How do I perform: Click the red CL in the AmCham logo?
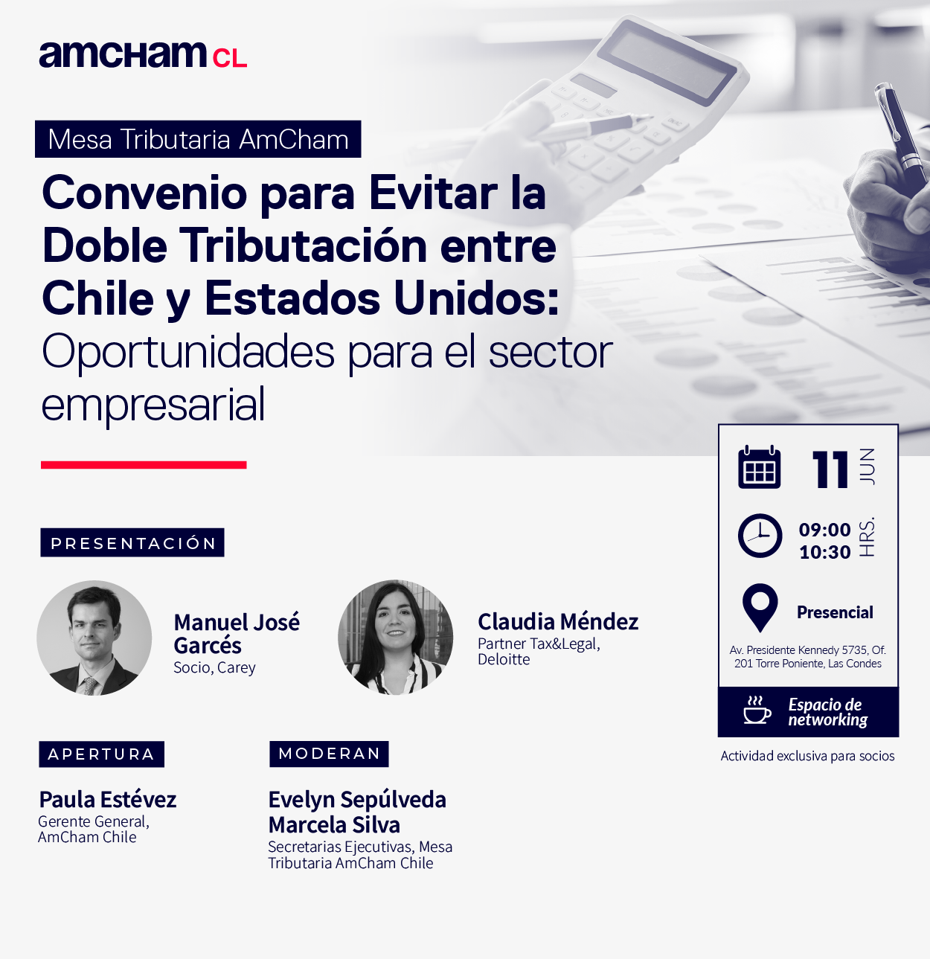[x=230, y=58]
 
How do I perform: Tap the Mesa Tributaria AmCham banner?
[x=198, y=139]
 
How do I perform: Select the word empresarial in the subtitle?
[x=153, y=405]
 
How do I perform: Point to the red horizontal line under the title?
[x=144, y=465]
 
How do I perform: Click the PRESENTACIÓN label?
[x=132, y=542]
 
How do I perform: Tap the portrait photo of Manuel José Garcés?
[x=94, y=638]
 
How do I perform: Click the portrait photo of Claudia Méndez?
[x=395, y=637]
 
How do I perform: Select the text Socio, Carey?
[x=214, y=668]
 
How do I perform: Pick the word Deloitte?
[x=504, y=659]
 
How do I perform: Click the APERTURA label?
[x=101, y=754]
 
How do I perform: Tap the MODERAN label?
[x=329, y=754]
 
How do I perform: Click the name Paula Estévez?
[x=108, y=799]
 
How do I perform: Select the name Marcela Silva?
[x=334, y=824]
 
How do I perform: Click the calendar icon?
[x=759, y=466]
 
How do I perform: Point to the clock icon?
[x=760, y=536]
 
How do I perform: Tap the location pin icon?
[x=760, y=608]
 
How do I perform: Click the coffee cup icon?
[x=757, y=710]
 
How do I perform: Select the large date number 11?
[x=830, y=469]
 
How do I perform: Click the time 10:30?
[x=824, y=553]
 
